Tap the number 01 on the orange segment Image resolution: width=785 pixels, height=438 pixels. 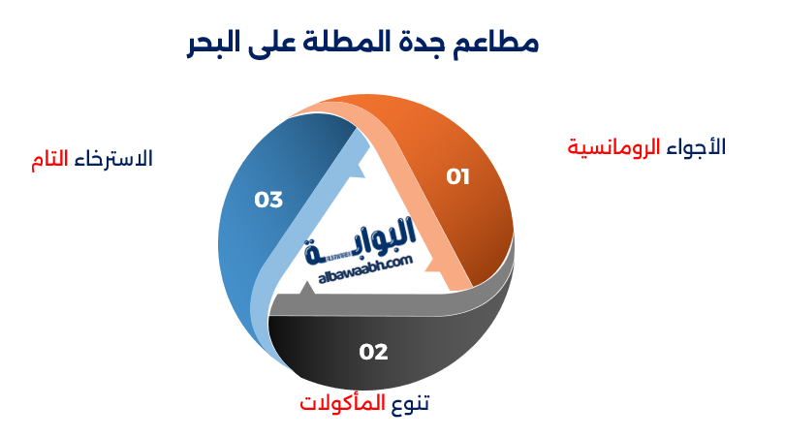coord(457,176)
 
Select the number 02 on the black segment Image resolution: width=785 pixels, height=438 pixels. coord(373,352)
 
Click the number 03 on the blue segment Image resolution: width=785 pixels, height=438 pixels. coord(268,200)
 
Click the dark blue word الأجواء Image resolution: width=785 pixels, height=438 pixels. coord(695,147)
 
